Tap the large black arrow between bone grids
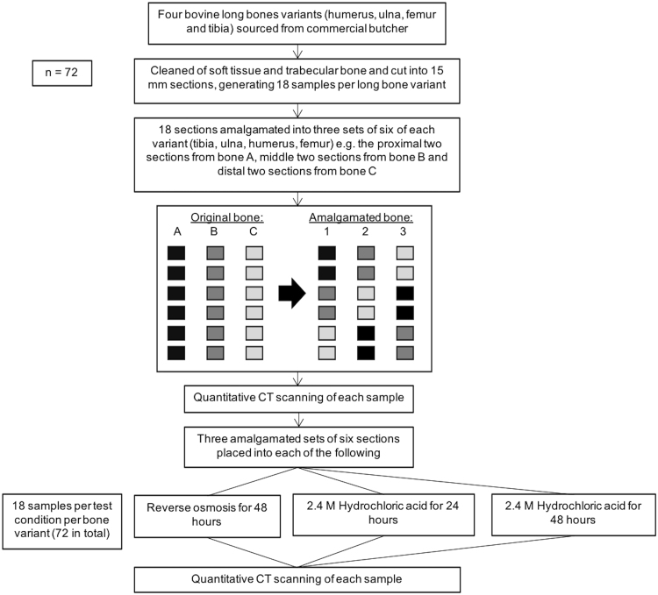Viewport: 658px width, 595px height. [x=290, y=296]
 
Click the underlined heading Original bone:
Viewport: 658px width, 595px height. [x=213, y=216]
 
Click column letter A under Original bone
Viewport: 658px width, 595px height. [x=176, y=231]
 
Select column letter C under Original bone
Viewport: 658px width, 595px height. [x=252, y=231]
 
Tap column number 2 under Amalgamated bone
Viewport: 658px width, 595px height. [x=364, y=231]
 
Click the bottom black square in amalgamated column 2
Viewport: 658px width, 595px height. [x=364, y=353]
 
